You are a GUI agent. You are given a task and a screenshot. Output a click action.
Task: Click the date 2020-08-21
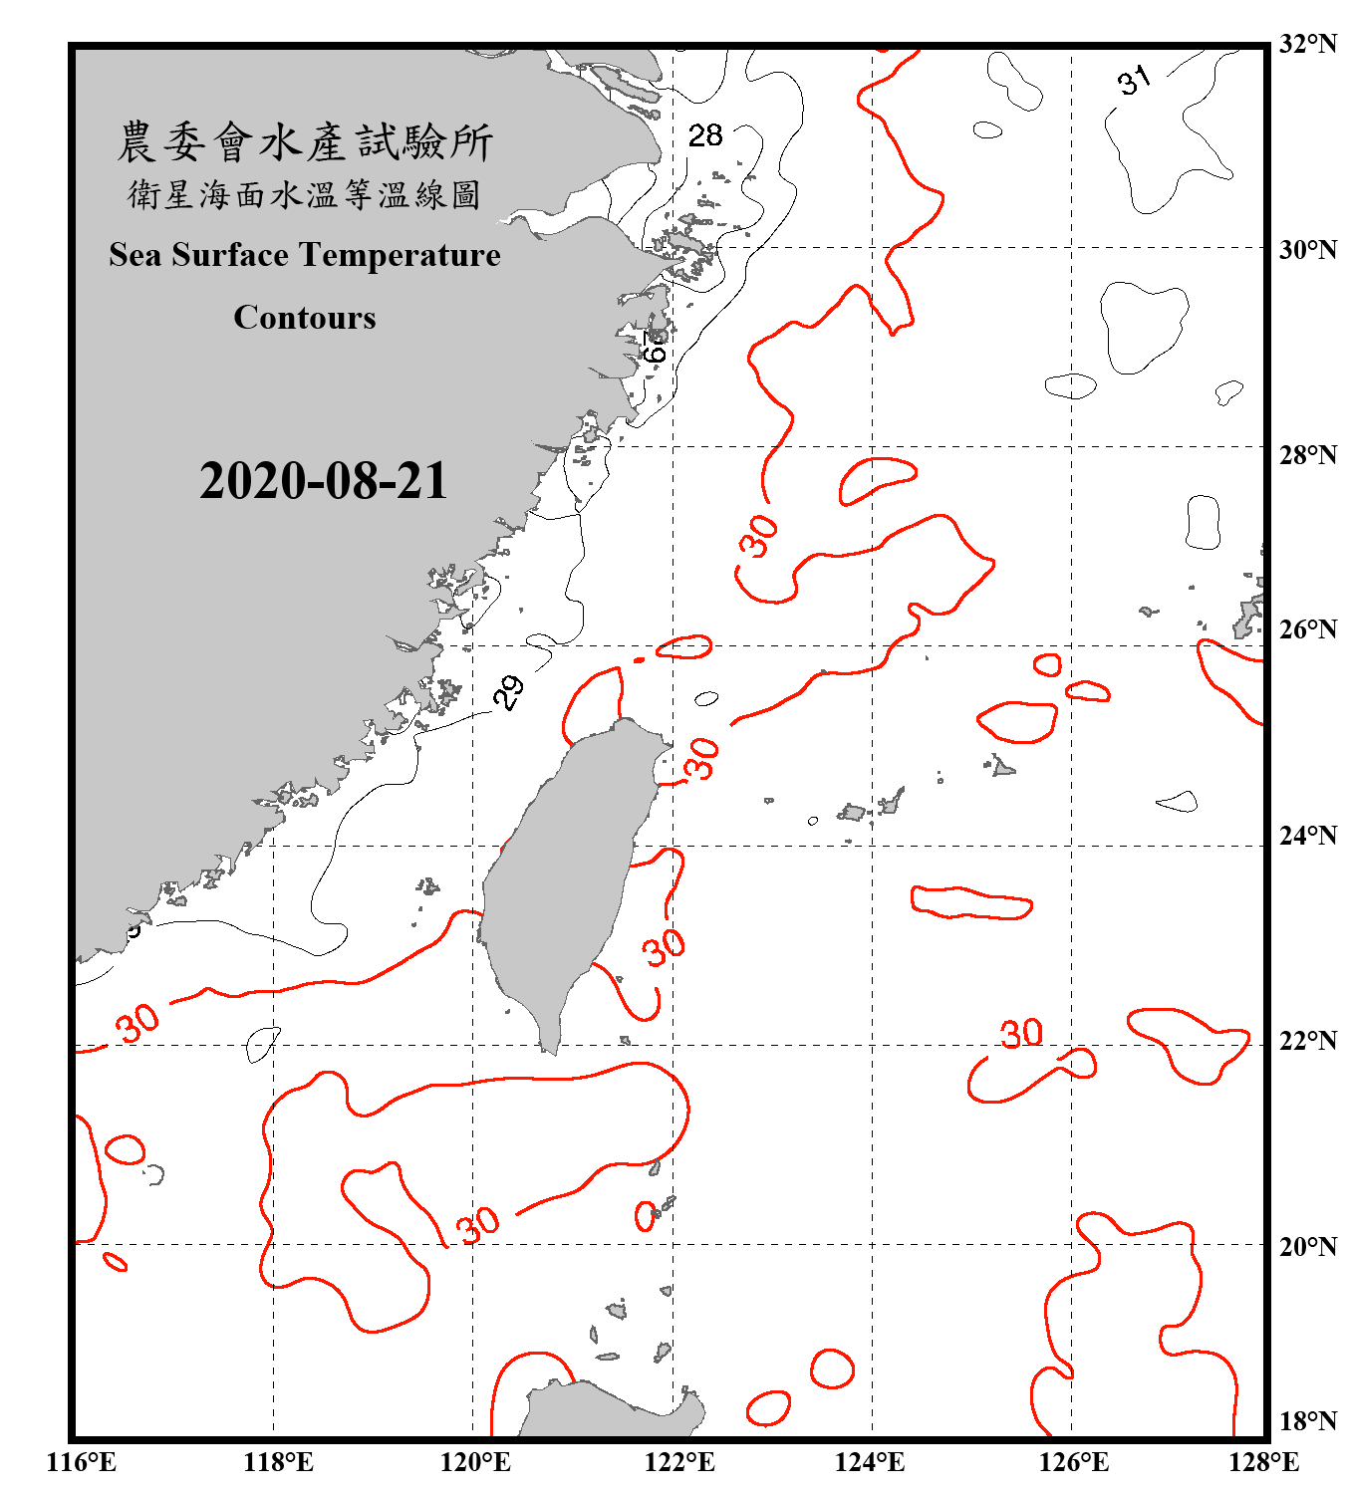click(324, 481)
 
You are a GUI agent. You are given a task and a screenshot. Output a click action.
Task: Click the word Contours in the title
click(305, 318)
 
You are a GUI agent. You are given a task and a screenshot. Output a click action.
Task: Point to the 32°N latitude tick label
click(1308, 44)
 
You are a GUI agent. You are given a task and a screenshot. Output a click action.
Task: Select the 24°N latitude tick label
click(1308, 835)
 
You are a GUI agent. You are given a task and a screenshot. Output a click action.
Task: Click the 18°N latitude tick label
click(1308, 1421)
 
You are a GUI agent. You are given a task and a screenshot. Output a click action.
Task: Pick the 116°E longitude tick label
click(82, 1462)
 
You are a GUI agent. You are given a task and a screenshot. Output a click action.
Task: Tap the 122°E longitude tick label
click(679, 1462)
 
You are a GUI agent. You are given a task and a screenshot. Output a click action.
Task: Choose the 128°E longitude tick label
click(1264, 1462)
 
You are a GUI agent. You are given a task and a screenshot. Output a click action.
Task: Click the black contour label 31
click(1134, 80)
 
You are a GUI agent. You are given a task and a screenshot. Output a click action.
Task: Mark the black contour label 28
click(705, 135)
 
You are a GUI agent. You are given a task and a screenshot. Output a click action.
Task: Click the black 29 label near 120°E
click(508, 691)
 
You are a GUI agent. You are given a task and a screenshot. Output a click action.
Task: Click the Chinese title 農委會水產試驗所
click(305, 141)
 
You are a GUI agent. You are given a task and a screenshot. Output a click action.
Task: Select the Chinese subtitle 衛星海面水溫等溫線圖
click(305, 194)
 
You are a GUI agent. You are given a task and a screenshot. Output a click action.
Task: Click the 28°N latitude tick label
click(1308, 455)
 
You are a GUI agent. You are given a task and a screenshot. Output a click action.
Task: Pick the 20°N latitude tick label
click(1308, 1246)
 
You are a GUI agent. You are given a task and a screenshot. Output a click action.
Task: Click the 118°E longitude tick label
click(278, 1462)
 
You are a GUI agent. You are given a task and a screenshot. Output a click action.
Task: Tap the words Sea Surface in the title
click(199, 255)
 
